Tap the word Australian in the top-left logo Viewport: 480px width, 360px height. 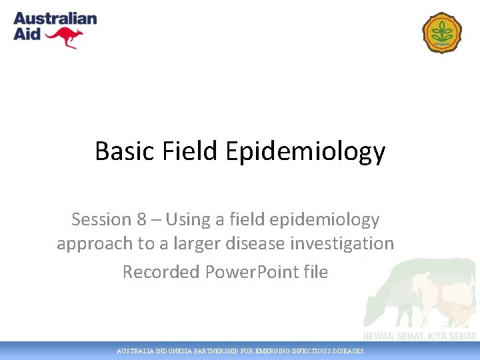[x=55, y=19]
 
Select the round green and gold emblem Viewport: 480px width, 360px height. [x=442, y=33]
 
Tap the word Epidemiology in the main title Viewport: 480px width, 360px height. [x=305, y=151]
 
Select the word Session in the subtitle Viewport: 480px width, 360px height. [x=101, y=219]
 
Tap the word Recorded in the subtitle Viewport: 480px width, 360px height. [x=161, y=272]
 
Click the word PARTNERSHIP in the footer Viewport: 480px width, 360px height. [x=219, y=351]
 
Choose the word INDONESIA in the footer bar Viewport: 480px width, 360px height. [x=172, y=351]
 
